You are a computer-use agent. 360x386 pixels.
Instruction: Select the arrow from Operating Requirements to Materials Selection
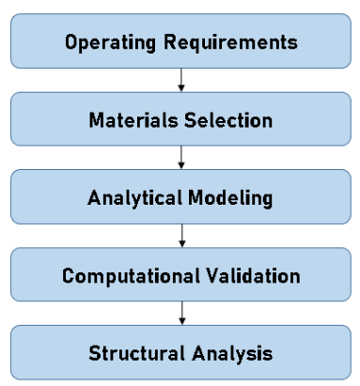[180, 82]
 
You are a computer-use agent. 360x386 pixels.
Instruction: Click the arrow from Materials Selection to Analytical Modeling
[180, 160]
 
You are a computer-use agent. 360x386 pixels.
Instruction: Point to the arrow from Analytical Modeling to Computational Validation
[180, 238]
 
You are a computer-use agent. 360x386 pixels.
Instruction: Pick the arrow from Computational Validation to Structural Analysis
[180, 316]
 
